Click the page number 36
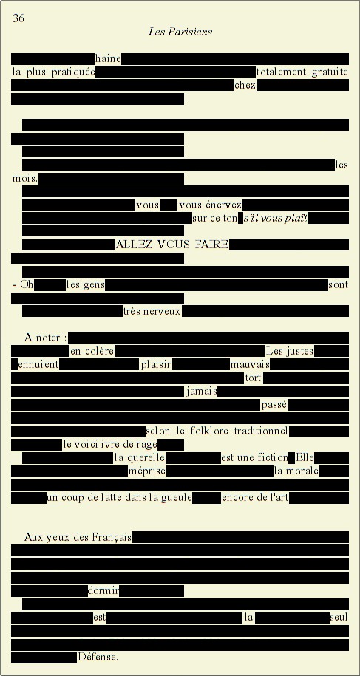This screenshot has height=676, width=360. (x=18, y=18)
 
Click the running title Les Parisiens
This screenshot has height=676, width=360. (x=180, y=32)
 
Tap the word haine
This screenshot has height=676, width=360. (x=108, y=58)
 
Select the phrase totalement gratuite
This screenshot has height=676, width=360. (x=302, y=72)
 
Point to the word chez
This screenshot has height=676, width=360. (x=245, y=86)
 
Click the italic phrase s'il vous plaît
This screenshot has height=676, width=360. (x=276, y=218)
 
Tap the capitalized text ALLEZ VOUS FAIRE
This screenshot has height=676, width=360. (x=172, y=245)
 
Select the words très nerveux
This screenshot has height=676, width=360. (x=152, y=311)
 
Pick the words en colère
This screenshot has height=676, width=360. (x=92, y=352)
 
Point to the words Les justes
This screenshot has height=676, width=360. (x=290, y=351)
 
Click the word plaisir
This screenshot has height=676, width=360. (x=156, y=365)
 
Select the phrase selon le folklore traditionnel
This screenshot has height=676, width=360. (x=217, y=431)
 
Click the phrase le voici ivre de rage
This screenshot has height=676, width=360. (x=110, y=445)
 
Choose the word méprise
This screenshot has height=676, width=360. (x=147, y=471)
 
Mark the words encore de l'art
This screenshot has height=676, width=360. (x=255, y=498)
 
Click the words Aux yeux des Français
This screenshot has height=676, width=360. (x=78, y=537)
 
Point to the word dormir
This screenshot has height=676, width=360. (x=103, y=590)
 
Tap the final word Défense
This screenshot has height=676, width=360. (x=98, y=657)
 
